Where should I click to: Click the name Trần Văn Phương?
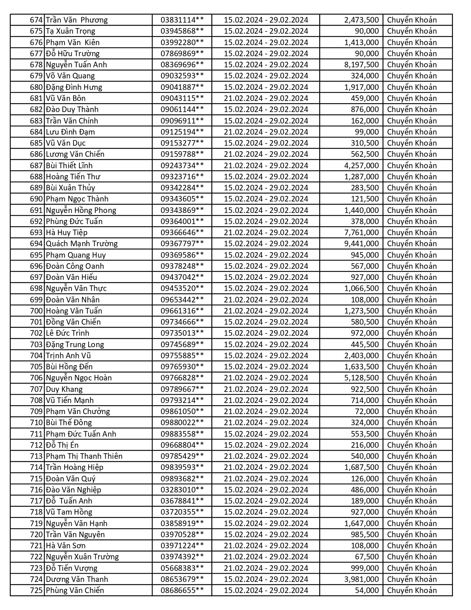[76, 20]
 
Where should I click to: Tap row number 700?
[37, 311]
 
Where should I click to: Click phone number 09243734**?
[182, 166]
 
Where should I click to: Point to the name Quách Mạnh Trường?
[82, 244]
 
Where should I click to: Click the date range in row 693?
[266, 233]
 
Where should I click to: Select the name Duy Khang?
[64, 389]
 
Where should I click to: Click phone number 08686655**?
[182, 590]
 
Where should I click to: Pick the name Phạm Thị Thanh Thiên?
[84, 456]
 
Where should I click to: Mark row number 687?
[37, 166]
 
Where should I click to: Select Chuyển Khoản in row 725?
[412, 590]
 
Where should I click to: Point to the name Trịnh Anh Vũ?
[68, 356]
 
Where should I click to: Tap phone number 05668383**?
[182, 568]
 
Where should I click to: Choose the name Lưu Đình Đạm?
[70, 132]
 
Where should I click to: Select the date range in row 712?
[266, 445]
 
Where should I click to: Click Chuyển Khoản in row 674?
[412, 20]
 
